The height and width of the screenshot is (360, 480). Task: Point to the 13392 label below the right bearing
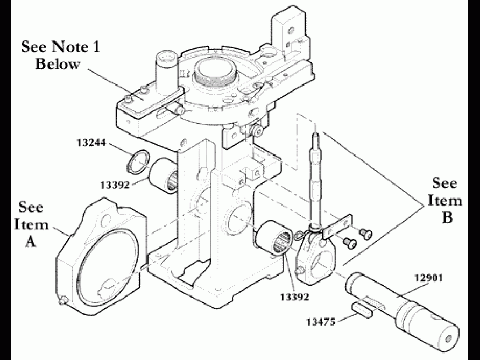(295, 295)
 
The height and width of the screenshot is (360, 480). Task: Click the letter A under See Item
(31, 242)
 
